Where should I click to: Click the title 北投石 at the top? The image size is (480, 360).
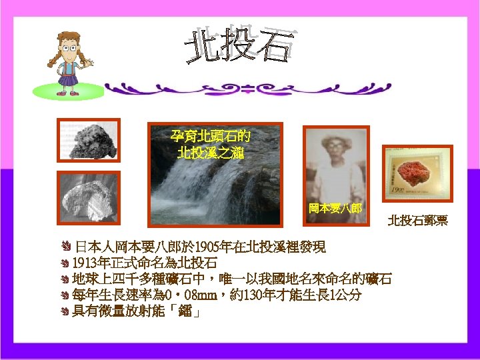point(239,45)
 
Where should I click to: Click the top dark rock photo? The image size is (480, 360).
point(88,141)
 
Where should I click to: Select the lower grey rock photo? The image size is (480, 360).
point(88,197)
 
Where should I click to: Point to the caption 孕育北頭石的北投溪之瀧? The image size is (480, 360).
point(211,145)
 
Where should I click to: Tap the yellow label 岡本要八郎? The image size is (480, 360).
point(335,208)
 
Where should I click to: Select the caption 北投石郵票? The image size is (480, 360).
point(417,220)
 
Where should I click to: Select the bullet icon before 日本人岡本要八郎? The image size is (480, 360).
point(65,247)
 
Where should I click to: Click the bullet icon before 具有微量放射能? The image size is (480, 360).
point(65,311)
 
